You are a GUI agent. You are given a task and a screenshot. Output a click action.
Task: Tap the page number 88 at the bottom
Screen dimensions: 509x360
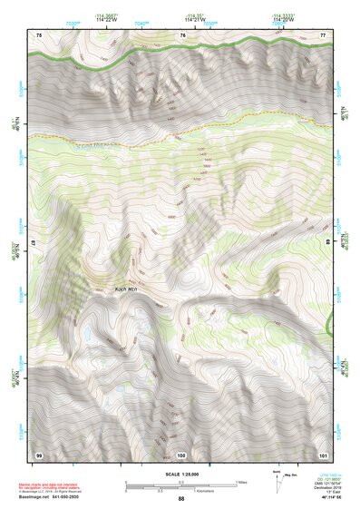pyautogui.click(x=180, y=499)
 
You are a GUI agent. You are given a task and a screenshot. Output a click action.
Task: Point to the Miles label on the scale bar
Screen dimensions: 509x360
pyautogui.click(x=241, y=482)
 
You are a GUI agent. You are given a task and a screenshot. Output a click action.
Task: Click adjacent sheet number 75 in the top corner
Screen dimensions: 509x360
pyautogui.click(x=39, y=34)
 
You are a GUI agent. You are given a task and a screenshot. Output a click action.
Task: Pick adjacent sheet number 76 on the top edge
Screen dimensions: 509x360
pyautogui.click(x=182, y=34)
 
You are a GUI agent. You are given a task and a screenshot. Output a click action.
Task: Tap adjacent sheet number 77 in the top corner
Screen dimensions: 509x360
pyautogui.click(x=322, y=34)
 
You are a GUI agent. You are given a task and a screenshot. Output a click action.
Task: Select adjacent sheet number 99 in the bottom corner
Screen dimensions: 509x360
pyautogui.click(x=39, y=454)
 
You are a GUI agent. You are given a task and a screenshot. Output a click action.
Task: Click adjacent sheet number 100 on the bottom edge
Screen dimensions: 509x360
pyautogui.click(x=181, y=454)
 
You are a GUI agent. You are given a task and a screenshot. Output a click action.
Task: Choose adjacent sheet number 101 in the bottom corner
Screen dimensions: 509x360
pyautogui.click(x=322, y=454)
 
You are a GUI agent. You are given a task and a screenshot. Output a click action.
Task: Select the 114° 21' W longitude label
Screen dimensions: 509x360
pyautogui.click(x=195, y=19)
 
